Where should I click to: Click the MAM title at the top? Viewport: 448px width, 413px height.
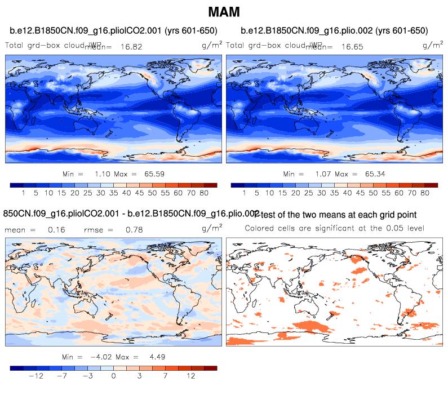click(224, 11)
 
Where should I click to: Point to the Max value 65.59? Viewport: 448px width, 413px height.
click(153, 174)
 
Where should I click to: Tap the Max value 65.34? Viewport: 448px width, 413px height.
click(374, 174)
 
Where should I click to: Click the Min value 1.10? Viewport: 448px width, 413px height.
click(101, 174)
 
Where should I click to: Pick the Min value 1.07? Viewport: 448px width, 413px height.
click(322, 174)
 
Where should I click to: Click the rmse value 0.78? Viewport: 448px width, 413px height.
click(134, 230)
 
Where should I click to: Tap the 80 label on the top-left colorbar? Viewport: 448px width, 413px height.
click(204, 193)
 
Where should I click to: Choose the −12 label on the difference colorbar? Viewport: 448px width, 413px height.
click(37, 376)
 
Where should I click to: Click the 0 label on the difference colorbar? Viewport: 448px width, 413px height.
click(113, 376)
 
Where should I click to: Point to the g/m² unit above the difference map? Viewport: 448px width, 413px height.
click(211, 228)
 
